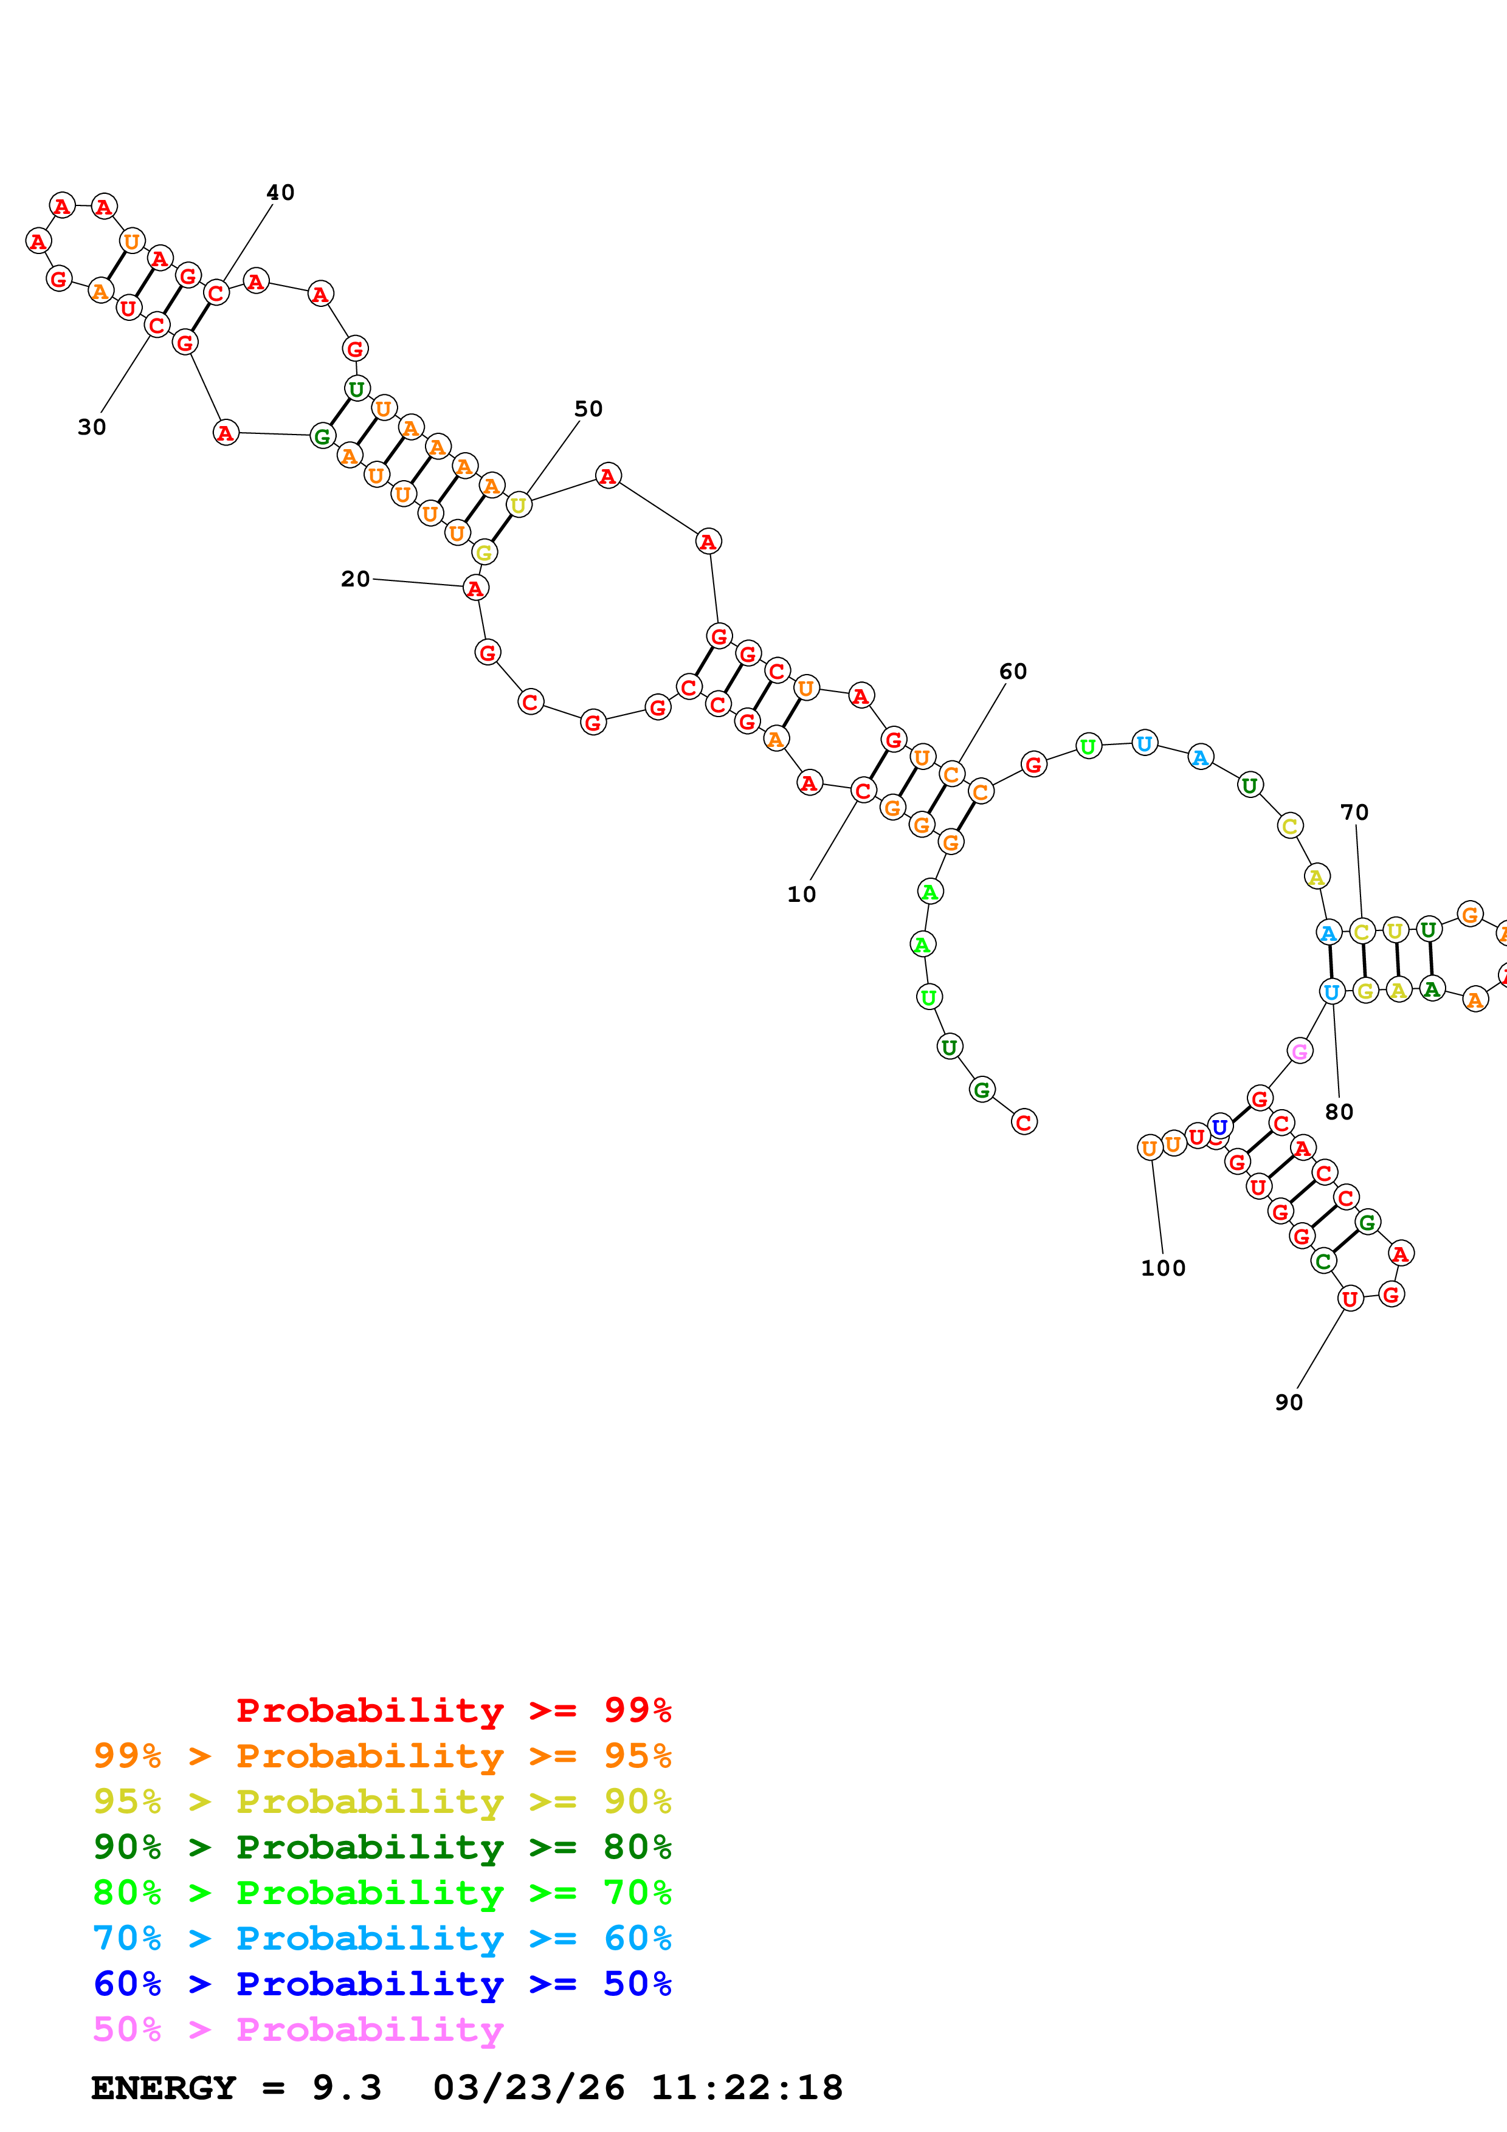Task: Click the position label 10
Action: point(801,894)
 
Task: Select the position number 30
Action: point(91,427)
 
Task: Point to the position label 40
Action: point(280,192)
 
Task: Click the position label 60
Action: point(1012,672)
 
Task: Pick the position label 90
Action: point(1288,1402)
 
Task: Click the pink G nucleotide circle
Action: point(1300,1051)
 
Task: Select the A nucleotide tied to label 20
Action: point(475,588)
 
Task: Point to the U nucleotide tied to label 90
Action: point(1350,1299)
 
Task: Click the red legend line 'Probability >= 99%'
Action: point(453,1710)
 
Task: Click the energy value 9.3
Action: point(347,2088)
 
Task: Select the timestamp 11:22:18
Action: point(747,2088)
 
